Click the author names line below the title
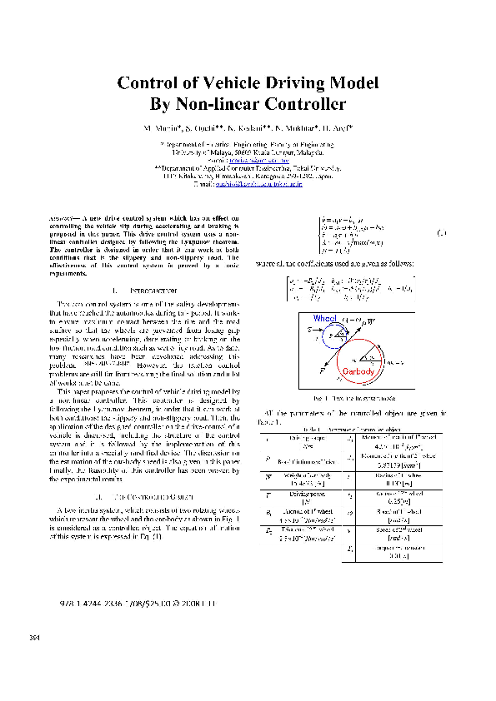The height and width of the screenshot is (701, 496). click(x=248, y=130)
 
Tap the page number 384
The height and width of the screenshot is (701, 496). click(x=35, y=639)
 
